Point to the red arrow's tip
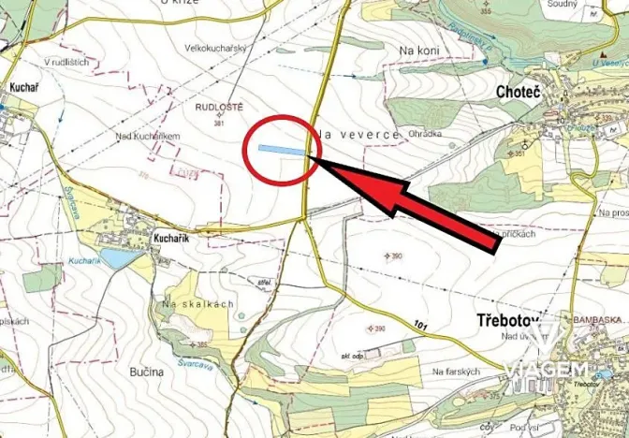point(311,161)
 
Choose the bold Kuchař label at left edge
point(22,86)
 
